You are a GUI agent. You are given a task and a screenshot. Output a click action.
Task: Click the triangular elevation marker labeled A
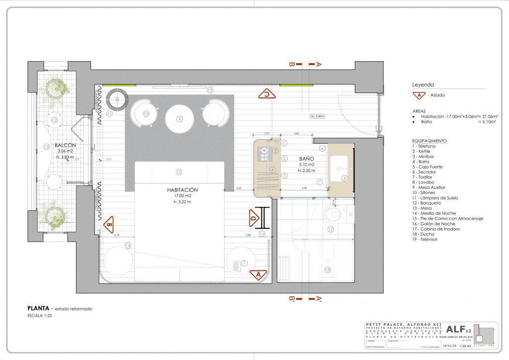click(258, 274)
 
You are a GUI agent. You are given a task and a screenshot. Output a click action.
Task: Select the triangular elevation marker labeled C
click(266, 93)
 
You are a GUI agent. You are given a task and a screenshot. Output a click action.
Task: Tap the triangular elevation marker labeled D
click(254, 217)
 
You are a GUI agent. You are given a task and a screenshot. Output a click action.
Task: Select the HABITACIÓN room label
click(182, 190)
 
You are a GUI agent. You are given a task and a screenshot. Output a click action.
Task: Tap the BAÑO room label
click(306, 159)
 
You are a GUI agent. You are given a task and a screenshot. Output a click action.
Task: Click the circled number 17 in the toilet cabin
click(330, 229)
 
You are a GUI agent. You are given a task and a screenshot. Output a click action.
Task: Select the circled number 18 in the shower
click(327, 270)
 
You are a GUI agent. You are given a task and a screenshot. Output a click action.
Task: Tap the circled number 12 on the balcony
click(54, 120)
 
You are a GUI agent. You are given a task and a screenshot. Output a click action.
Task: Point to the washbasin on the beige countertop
click(340, 165)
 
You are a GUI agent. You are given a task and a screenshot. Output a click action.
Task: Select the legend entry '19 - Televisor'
click(425, 240)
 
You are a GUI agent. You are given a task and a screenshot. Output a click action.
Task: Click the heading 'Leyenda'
click(423, 85)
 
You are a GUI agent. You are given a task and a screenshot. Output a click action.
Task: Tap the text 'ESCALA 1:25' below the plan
click(40, 316)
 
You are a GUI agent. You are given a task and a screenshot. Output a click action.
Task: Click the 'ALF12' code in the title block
click(459, 329)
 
